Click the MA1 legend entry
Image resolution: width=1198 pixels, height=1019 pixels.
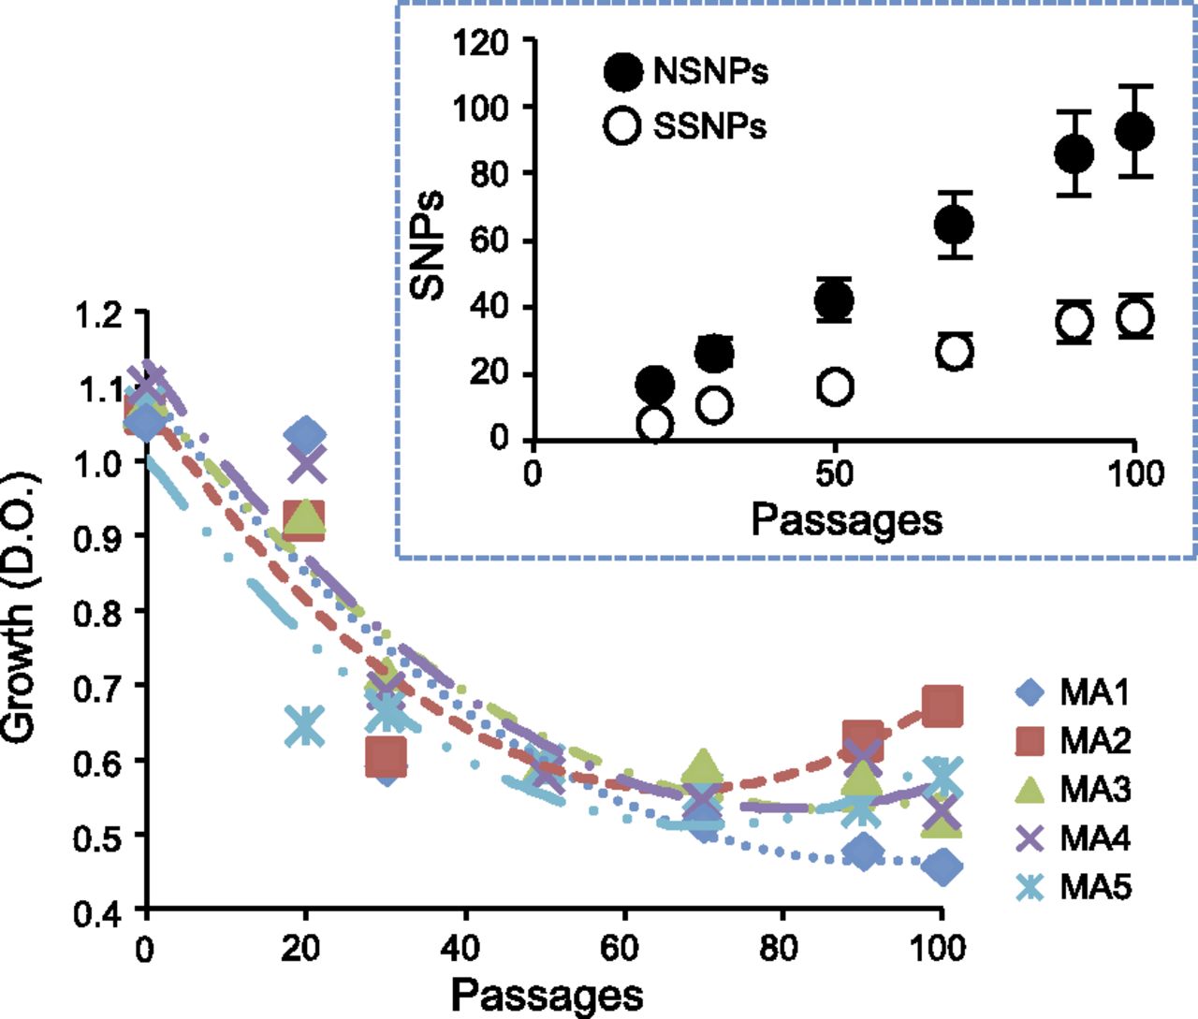(1074, 692)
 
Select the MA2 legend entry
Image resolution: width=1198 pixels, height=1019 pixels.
(1074, 741)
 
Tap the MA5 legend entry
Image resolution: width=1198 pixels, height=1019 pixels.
(1074, 887)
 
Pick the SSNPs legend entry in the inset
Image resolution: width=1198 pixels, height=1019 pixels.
(685, 125)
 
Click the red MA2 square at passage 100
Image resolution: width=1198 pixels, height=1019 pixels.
(942, 706)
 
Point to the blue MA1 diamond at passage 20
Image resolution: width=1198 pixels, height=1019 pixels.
(305, 434)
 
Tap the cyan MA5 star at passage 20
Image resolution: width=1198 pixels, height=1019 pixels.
(305, 726)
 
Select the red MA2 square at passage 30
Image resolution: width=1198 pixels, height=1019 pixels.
(386, 756)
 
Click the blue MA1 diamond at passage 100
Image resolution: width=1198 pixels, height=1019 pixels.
(942, 866)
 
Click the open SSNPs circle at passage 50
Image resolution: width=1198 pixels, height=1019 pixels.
(835, 386)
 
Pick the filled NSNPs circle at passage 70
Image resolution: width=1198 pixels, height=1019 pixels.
(954, 225)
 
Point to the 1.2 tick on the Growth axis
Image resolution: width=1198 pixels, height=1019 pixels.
(140, 313)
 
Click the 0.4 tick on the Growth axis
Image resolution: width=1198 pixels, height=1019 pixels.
(140, 909)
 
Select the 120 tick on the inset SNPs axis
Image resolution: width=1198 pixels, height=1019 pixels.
(528, 39)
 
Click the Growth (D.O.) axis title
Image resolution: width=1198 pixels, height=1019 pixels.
(22, 606)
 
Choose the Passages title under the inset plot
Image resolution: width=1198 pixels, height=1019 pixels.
(847, 521)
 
